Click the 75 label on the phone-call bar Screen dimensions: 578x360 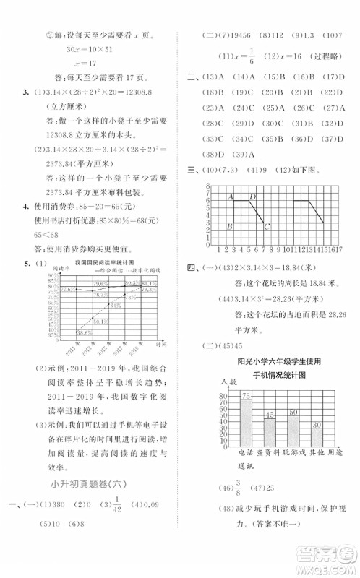[x=247, y=396]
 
